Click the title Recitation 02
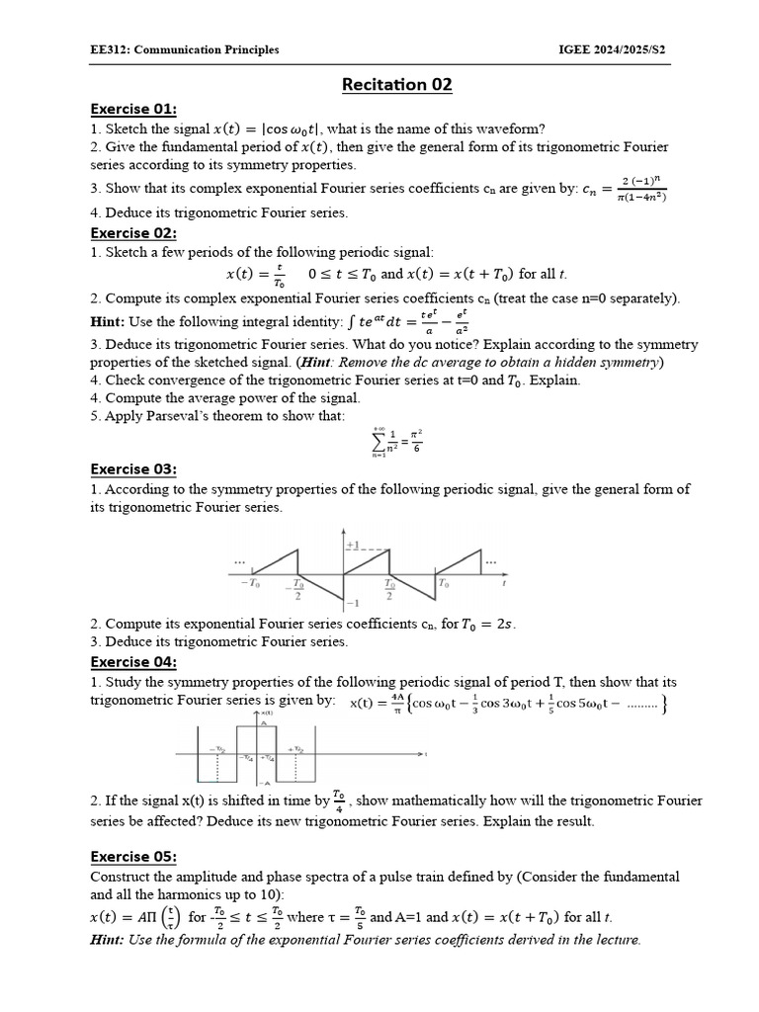click(x=396, y=85)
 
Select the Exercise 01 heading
click(x=133, y=110)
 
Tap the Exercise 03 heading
click(x=133, y=469)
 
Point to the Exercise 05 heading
click(x=133, y=857)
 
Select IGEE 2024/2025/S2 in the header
click(x=613, y=50)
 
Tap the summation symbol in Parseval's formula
click(x=379, y=439)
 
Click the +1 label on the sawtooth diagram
click(x=353, y=546)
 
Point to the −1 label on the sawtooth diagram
click(x=353, y=603)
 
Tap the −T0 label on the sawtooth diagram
click(x=250, y=584)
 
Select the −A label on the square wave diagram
click(x=266, y=782)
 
